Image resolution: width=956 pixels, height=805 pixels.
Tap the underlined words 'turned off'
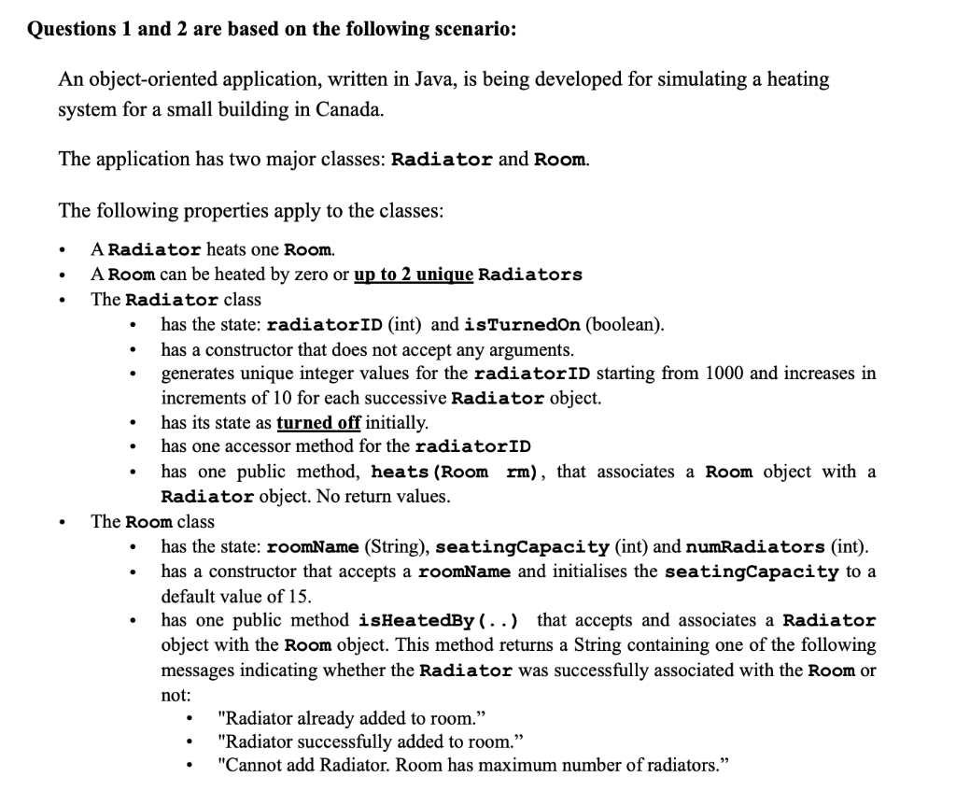point(318,422)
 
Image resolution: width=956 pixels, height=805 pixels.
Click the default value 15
point(300,596)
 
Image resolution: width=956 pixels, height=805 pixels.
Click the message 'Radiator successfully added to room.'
point(370,742)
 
